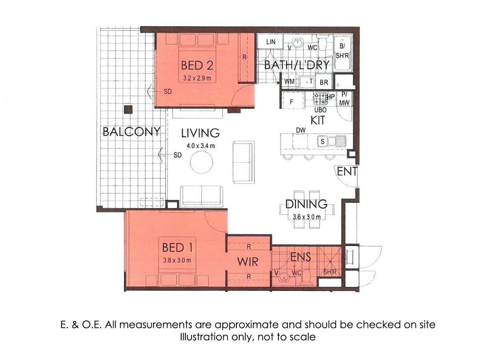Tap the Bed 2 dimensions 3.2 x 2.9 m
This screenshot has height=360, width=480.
pos(197,78)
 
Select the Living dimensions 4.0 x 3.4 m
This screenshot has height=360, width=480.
pos(200,146)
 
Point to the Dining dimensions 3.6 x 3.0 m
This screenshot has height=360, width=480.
pos(306,217)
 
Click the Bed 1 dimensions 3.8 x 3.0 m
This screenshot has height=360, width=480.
pos(177,260)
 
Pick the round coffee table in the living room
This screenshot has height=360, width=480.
pos(202,162)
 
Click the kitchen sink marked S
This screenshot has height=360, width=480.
pos(322,142)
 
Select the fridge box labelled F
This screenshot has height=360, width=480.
pos(293,100)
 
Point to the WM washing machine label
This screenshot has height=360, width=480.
pos(289,82)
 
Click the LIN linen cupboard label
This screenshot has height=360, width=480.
pos(271,42)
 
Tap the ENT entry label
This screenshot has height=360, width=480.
pos(347,171)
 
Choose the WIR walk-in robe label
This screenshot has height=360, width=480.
pos(248,262)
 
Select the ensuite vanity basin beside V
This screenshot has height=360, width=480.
pos(284,277)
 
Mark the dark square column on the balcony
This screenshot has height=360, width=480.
pos(128,110)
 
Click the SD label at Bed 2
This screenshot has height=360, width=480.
pos(168,92)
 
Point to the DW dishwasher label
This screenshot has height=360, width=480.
pos(301,130)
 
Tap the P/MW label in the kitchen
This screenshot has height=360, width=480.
pos(344,99)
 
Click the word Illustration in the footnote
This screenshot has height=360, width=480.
pos(204,337)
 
